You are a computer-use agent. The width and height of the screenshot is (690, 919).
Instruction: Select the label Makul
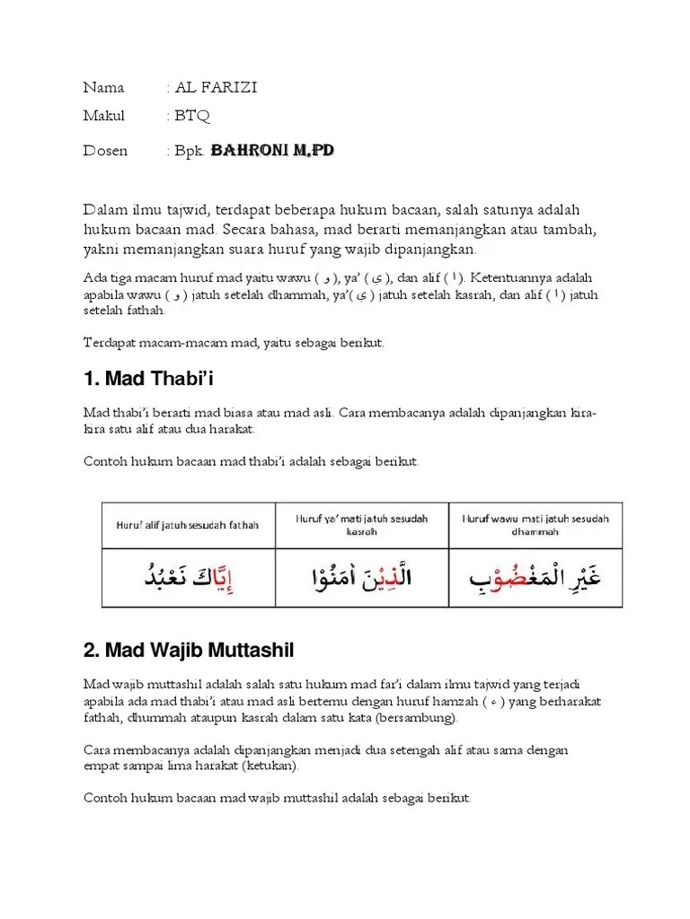pos(104,116)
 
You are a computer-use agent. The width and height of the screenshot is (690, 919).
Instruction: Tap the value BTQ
pos(193,116)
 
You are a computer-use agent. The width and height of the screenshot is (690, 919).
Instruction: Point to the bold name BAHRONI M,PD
pos(273,151)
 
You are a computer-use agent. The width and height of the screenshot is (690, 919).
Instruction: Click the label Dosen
pos(105,151)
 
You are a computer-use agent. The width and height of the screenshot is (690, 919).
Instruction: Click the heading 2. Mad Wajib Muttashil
pos(189,649)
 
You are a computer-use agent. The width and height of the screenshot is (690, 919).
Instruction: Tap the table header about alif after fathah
pos(187,525)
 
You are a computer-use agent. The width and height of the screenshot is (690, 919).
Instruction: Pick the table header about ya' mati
pos(362,525)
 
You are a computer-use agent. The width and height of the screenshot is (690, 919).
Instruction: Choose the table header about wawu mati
pos(535,525)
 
